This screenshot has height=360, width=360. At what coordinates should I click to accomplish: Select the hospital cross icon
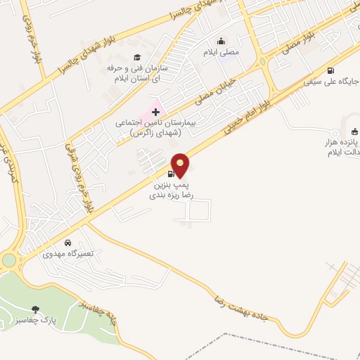point(155,112)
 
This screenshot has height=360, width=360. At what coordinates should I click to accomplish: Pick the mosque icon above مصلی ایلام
point(223,40)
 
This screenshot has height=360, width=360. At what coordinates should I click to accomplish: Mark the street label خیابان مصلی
point(213,91)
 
